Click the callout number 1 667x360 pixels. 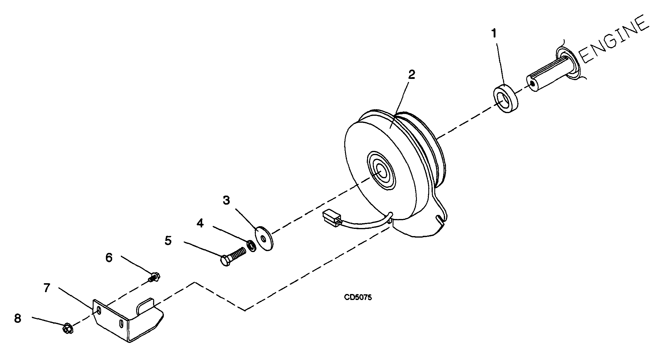click(493, 33)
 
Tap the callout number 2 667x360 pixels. click(412, 75)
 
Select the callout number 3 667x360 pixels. click(226, 200)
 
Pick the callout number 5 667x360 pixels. click(168, 240)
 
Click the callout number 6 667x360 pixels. click(109, 257)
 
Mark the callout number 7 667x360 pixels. click(46, 288)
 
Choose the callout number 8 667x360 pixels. click(18, 318)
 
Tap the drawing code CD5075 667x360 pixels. click(358, 297)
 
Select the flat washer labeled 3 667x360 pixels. click(264, 238)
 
